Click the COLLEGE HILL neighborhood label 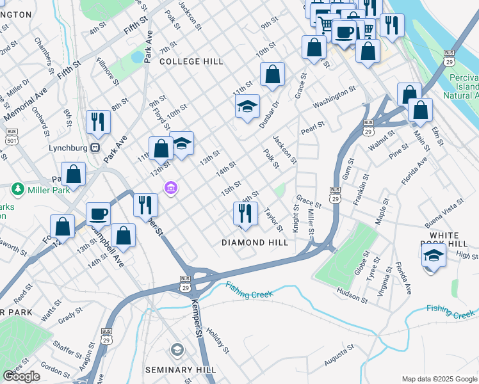(x=191, y=61)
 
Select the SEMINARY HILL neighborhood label (x=179, y=370)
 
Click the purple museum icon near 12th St (x=171, y=188)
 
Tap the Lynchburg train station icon (x=95, y=147)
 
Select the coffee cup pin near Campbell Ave (x=98, y=213)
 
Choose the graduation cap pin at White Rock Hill (x=434, y=256)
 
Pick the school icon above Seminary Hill (x=177, y=349)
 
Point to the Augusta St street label (x=339, y=356)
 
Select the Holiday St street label (x=218, y=342)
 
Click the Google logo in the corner (x=21, y=376)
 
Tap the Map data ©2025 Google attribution (x=439, y=379)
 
